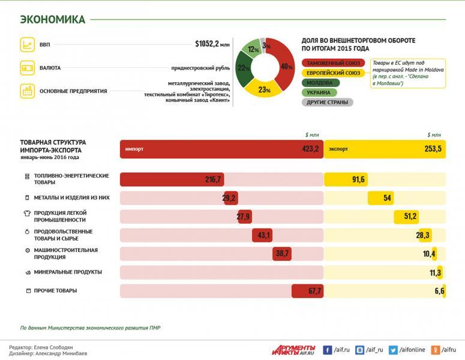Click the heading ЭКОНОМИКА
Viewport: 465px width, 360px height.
point(53,19)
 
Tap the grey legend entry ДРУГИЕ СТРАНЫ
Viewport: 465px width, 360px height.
point(326,102)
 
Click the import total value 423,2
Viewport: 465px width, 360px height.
point(310,149)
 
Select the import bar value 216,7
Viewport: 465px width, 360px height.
point(213,179)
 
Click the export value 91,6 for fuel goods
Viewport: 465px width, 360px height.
point(359,179)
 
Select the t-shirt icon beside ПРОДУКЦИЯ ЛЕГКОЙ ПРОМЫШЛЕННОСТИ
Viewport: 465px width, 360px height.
point(26,213)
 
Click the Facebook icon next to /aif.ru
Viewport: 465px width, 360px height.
point(328,349)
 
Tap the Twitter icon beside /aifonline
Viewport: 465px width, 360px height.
point(394,349)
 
